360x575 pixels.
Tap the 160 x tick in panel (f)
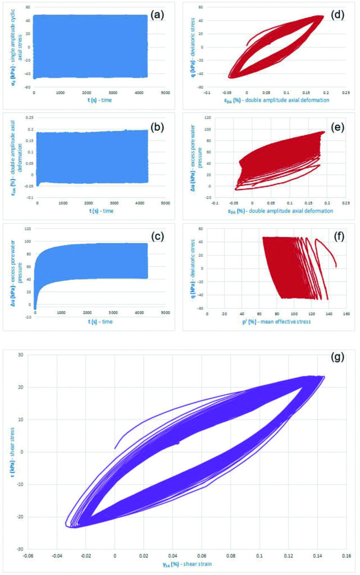pos(345,313)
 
